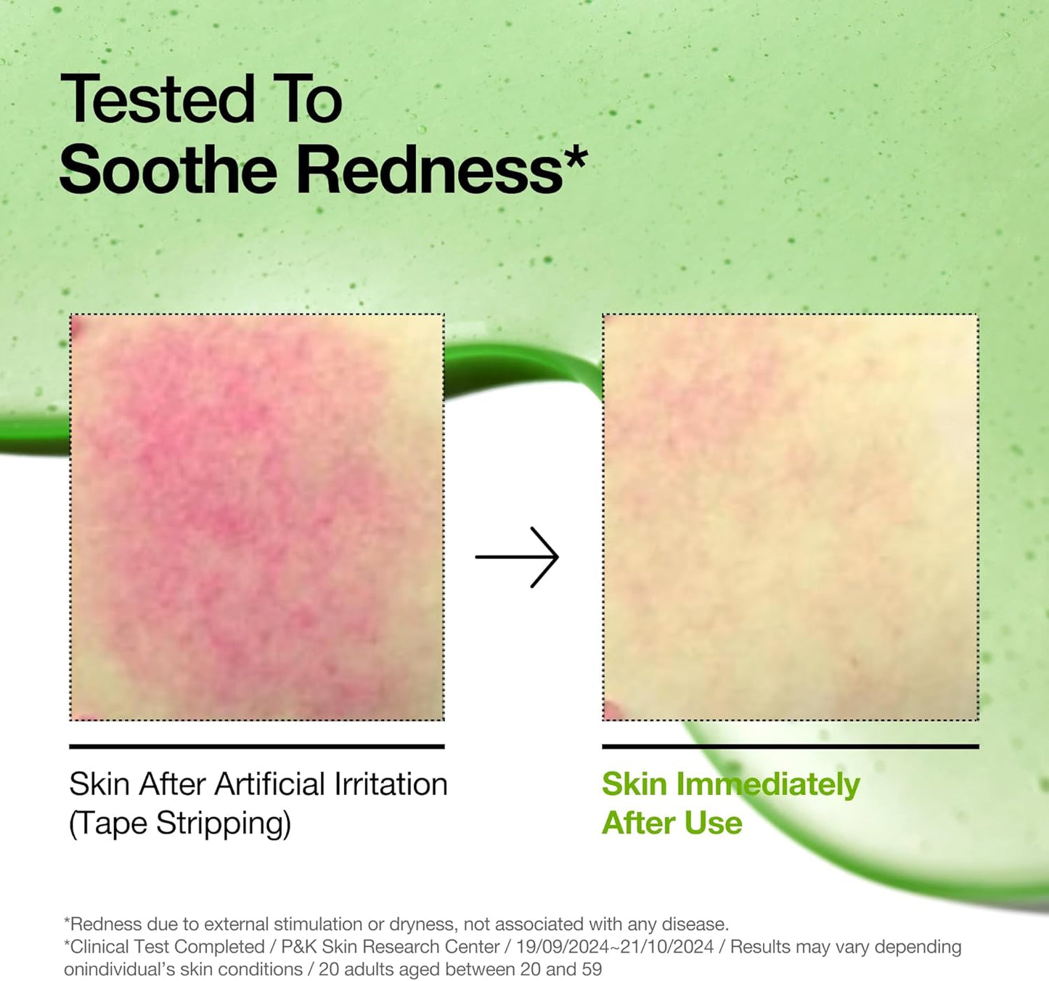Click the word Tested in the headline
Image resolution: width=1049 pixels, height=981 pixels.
pyautogui.click(x=158, y=99)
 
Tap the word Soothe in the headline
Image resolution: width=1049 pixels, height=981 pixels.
pyautogui.click(x=168, y=170)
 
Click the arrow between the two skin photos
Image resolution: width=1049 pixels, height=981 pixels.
pyautogui.click(x=517, y=557)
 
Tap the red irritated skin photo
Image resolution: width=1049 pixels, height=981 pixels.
pyautogui.click(x=257, y=517)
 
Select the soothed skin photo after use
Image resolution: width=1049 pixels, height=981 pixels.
pyautogui.click(x=790, y=517)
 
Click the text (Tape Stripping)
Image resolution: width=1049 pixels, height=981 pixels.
pyautogui.click(x=180, y=823)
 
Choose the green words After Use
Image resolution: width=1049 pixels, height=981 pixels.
pyautogui.click(x=672, y=823)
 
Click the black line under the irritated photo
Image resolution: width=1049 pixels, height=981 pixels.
pyautogui.click(x=257, y=746)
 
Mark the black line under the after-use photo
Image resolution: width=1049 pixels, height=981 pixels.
pyautogui.click(x=790, y=746)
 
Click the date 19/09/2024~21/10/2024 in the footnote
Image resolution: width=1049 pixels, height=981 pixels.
pyautogui.click(x=615, y=947)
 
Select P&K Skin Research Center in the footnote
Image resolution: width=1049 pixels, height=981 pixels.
pyautogui.click(x=390, y=947)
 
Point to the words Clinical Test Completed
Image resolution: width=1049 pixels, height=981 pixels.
pyautogui.click(x=167, y=947)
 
